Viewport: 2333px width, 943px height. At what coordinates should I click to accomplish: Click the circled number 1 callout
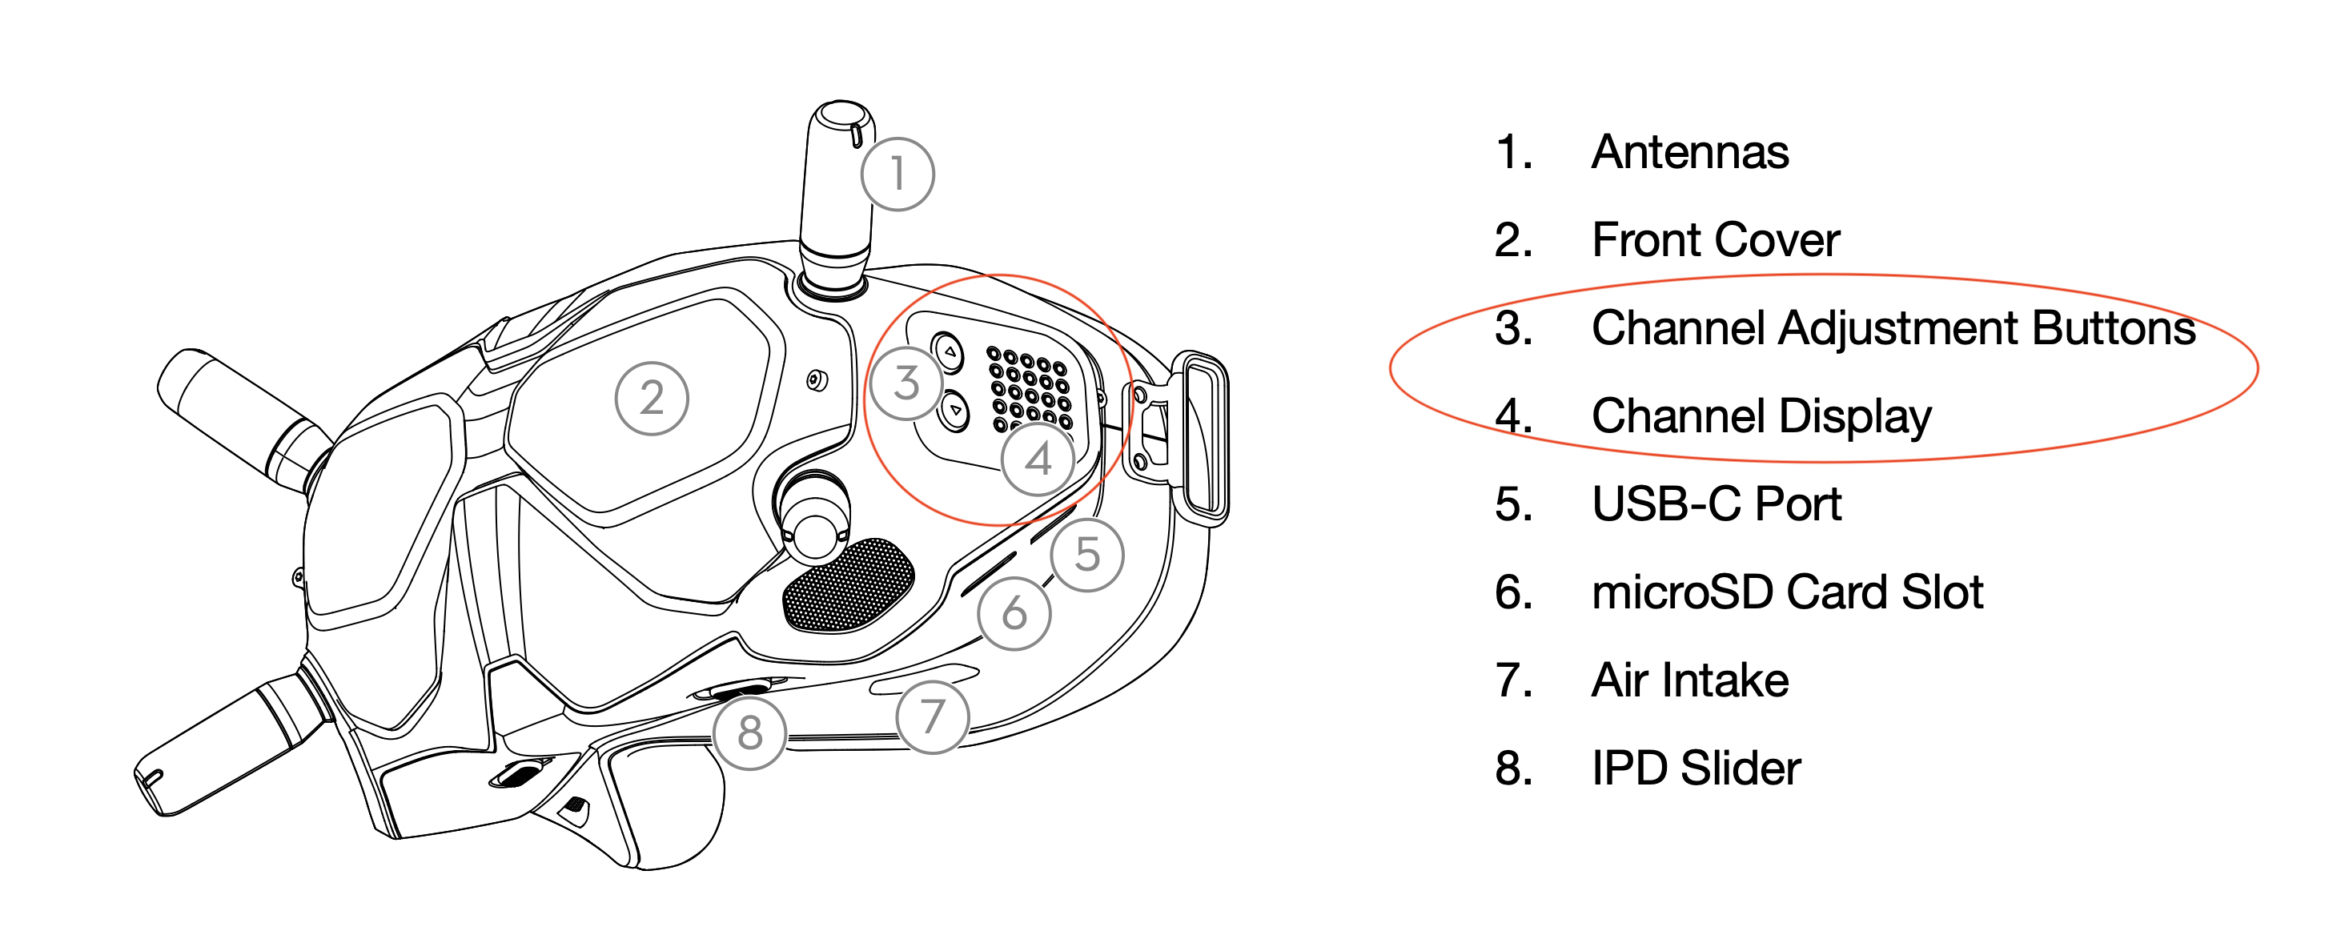click(x=897, y=174)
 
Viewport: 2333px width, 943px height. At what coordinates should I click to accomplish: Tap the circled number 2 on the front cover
click(x=651, y=399)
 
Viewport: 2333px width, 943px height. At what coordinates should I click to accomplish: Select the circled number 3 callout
click(x=906, y=383)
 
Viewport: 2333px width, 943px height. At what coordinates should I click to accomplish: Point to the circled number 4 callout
click(x=1038, y=459)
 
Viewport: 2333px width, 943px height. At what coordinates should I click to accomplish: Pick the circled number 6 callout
click(x=1014, y=613)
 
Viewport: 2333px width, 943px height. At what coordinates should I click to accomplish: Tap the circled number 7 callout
click(x=932, y=717)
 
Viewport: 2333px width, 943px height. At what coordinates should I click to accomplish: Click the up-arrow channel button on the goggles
click(x=948, y=351)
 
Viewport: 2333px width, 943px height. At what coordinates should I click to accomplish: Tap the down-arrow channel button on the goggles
click(x=954, y=411)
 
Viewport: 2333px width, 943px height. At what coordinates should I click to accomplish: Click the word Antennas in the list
click(x=1690, y=151)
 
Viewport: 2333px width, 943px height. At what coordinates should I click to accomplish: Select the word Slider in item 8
click(x=1740, y=768)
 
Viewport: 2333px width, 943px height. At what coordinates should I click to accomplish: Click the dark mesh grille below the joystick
click(x=847, y=585)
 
